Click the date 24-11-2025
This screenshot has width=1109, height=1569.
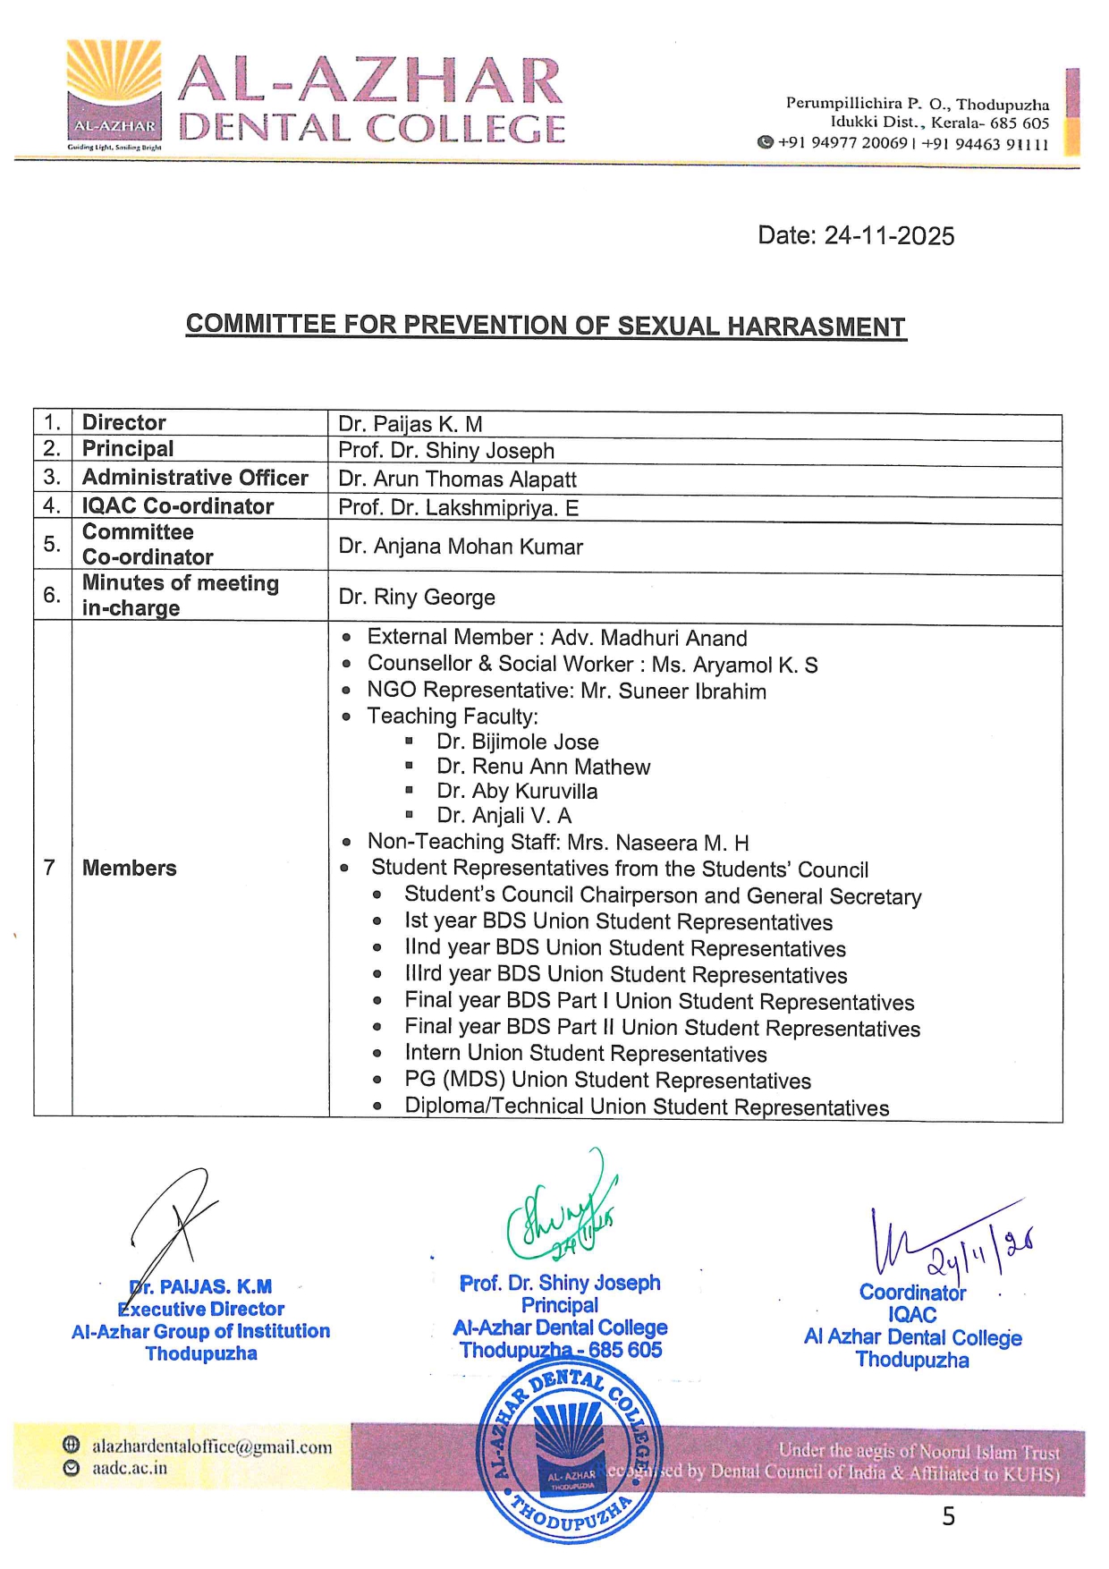(856, 236)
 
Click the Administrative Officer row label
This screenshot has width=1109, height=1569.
(195, 479)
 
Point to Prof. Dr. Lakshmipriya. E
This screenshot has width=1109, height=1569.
(458, 508)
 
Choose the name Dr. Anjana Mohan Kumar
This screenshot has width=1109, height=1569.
(461, 547)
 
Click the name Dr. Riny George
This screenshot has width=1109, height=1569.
(417, 598)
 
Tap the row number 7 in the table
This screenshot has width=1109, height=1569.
(49, 868)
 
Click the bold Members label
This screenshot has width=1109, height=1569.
(130, 868)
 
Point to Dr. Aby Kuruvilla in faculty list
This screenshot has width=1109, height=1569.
(517, 792)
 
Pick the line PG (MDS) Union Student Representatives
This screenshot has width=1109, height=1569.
(607, 1081)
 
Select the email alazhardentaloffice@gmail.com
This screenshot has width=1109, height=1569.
(212, 1446)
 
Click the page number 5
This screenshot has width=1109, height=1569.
(948, 1516)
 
